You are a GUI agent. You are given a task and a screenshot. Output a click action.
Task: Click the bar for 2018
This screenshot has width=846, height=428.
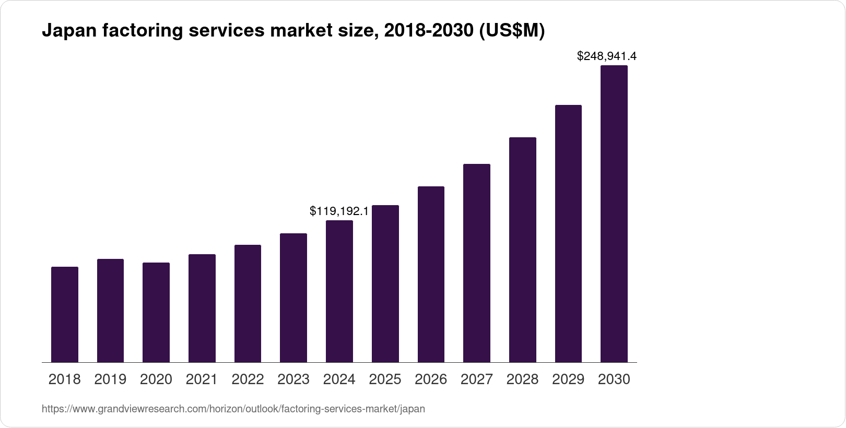pos(65,314)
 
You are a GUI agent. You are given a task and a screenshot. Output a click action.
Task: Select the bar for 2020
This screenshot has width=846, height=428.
pos(156,313)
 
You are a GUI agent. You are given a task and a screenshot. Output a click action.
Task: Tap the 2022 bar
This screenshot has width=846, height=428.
pos(248,303)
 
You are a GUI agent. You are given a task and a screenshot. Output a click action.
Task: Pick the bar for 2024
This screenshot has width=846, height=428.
pos(339,291)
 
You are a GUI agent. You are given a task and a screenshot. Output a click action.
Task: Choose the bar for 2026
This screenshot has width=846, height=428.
pos(431,275)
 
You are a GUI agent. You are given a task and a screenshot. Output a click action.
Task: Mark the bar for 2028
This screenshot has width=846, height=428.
pos(523,250)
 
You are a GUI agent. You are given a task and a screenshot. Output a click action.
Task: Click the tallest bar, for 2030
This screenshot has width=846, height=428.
pos(614,214)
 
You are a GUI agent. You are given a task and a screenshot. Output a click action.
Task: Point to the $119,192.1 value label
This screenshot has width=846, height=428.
pos(339,211)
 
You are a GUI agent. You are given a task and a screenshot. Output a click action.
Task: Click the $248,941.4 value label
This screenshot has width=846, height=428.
pos(606,56)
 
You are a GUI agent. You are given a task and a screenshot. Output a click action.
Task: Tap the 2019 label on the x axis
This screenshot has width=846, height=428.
pos(110,379)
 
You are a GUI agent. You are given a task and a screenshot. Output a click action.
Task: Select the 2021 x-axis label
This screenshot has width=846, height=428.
pos(202,379)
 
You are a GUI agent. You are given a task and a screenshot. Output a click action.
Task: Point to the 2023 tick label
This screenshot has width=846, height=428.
pos(293,379)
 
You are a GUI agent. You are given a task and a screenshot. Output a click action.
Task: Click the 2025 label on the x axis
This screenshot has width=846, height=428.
pos(385,379)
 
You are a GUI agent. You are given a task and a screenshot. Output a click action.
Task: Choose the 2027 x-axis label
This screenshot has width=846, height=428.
pos(477,379)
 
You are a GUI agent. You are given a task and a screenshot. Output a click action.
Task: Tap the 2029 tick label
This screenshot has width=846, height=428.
pos(568,379)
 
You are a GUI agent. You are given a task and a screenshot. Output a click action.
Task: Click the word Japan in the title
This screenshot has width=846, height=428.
pos(69,31)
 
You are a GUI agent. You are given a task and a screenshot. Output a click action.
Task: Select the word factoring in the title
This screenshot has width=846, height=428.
pos(143,31)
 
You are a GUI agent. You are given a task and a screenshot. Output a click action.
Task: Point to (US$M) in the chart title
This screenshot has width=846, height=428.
pos(512,31)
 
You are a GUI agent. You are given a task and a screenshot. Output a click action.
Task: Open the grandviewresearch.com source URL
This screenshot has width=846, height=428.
pos(233,409)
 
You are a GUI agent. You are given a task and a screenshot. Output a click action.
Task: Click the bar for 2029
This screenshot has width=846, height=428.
pos(568,234)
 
